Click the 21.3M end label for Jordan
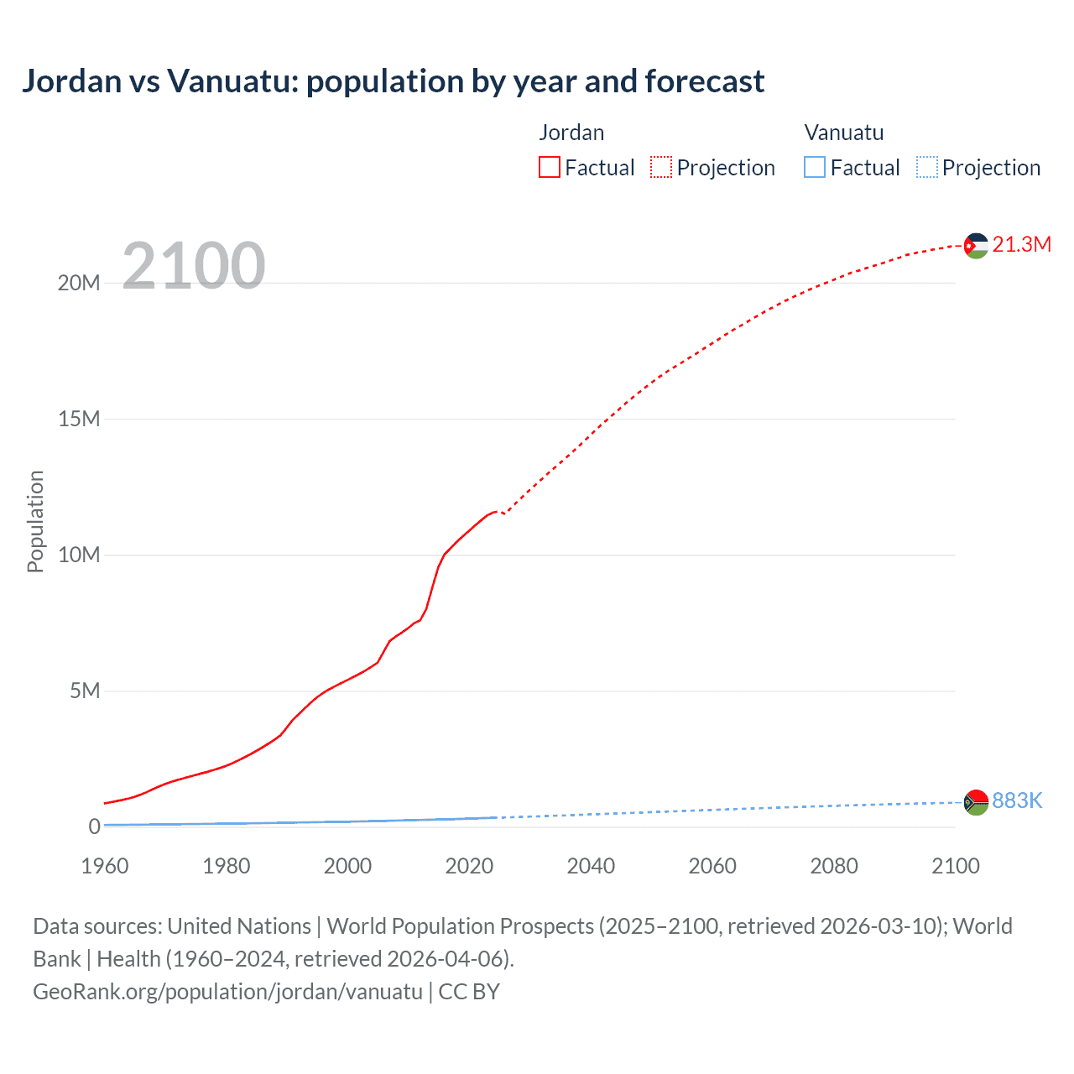pyautogui.click(x=1021, y=244)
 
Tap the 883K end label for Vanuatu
pyautogui.click(x=1017, y=800)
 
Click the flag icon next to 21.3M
pyautogui.click(x=976, y=246)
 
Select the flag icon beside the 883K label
pyautogui.click(x=976, y=802)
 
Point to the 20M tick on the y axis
pyautogui.click(x=79, y=284)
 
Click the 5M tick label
pyautogui.click(x=85, y=691)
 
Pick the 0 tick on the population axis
pyautogui.click(x=94, y=826)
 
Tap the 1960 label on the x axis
pyautogui.click(x=105, y=866)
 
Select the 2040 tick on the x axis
pyautogui.click(x=591, y=866)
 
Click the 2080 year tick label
pyautogui.click(x=833, y=866)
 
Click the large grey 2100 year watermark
pyautogui.click(x=194, y=266)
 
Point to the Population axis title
pyautogui.click(x=35, y=521)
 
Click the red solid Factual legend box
pyautogui.click(x=549, y=167)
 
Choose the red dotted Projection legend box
pyautogui.click(x=661, y=167)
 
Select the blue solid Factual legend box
pyautogui.click(x=814, y=167)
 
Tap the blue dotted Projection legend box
pyautogui.click(x=926, y=167)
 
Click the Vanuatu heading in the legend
pyautogui.click(x=843, y=133)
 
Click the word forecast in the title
pyautogui.click(x=705, y=81)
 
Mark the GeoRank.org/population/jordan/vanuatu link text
pyautogui.click(x=227, y=992)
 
